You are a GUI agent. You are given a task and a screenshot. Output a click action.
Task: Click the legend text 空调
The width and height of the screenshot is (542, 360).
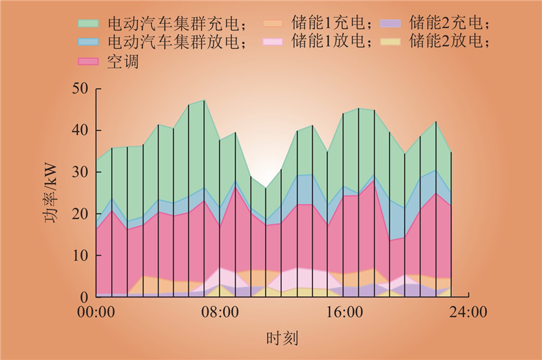point(122,61)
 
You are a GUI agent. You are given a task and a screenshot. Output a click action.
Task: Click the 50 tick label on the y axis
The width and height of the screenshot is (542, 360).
point(80,89)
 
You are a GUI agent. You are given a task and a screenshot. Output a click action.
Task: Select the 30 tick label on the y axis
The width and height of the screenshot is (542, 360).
point(80,172)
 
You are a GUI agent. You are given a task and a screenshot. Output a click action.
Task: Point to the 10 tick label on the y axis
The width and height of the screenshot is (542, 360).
point(80,256)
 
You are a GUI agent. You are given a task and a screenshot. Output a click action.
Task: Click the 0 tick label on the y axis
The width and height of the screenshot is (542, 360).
point(84,298)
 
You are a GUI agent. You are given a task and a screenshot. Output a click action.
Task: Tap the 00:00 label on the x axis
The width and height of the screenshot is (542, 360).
point(96,313)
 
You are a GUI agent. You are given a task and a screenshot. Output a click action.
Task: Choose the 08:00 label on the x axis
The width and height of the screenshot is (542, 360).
point(220,313)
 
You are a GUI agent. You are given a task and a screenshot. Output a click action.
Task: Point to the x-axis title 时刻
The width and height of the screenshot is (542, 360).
point(282,338)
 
